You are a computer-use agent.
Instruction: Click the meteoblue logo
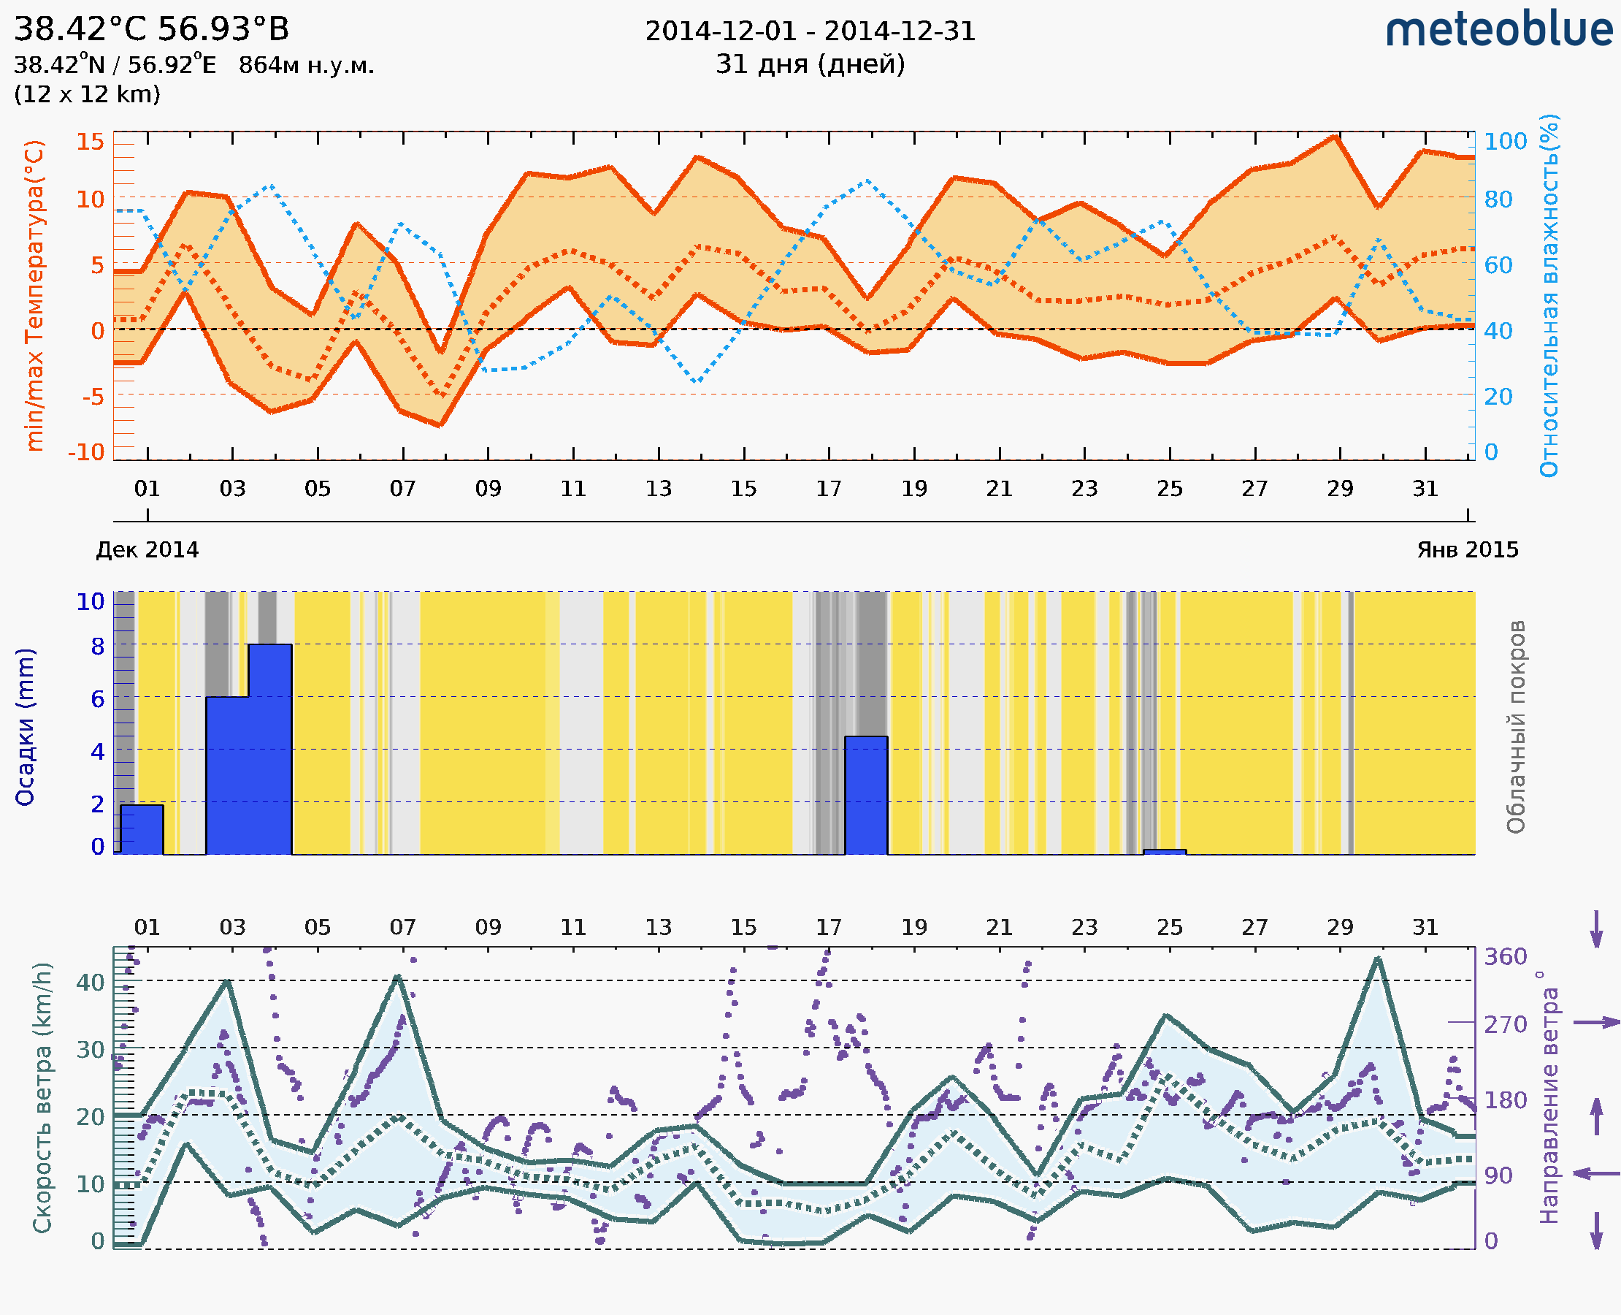[x=1499, y=30]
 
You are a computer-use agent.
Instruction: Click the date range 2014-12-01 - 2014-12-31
[x=810, y=31]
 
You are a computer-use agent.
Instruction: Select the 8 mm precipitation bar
[x=270, y=749]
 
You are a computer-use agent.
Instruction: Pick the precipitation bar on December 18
[x=866, y=796]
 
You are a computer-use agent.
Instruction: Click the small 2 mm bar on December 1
[x=142, y=829]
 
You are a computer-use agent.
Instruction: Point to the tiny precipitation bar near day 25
[x=1165, y=852]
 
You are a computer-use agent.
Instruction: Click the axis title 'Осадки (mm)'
[x=25, y=727]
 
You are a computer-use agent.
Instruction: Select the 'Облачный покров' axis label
[x=1516, y=727]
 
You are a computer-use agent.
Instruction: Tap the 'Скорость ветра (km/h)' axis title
[x=42, y=1097]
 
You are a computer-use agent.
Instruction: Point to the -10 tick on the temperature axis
[x=86, y=452]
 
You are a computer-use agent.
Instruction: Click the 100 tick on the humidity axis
[x=1505, y=142]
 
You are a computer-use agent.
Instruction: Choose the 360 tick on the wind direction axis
[x=1505, y=957]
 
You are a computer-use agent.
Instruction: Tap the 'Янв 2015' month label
[x=1468, y=550]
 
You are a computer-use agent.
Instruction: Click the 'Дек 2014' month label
[x=147, y=550]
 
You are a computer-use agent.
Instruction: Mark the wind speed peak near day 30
[x=1378, y=959]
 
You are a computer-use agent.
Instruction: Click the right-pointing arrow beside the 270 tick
[x=1596, y=1023]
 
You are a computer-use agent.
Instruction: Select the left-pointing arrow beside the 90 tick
[x=1596, y=1174]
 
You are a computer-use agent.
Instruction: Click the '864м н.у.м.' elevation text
[x=307, y=66]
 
